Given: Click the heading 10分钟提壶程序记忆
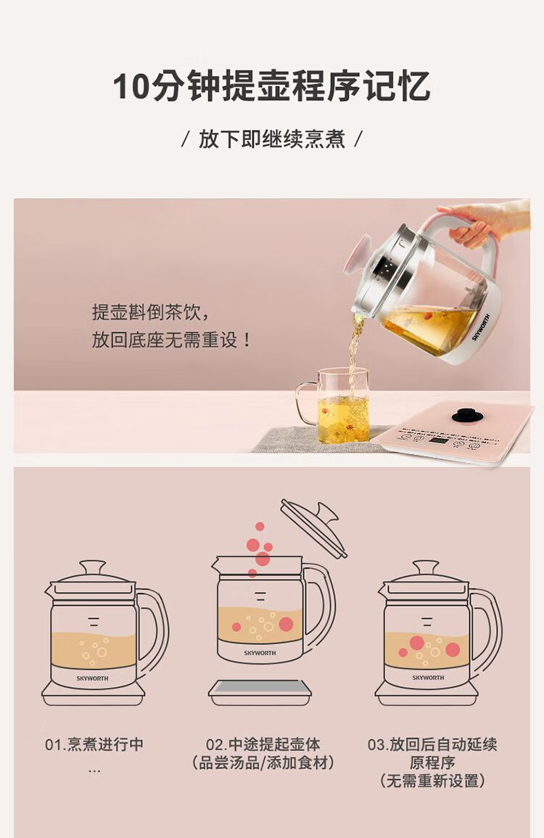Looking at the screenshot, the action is (x=271, y=86).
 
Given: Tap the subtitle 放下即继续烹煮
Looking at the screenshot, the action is (x=271, y=139).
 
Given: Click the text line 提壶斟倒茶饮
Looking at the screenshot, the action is (x=151, y=312).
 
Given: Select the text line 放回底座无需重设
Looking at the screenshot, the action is (x=171, y=340).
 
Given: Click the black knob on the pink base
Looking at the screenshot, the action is (x=467, y=415).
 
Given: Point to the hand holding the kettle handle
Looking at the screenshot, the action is (x=484, y=223).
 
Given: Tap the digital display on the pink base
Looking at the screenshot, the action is (x=439, y=441).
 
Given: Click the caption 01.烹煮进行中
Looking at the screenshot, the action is (x=94, y=744).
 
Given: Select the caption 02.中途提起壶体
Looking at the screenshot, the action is (x=263, y=744).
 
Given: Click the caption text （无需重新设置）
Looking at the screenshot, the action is (x=432, y=781).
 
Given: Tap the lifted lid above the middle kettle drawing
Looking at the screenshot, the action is (x=313, y=528).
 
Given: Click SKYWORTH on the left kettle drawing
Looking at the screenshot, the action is (x=92, y=678).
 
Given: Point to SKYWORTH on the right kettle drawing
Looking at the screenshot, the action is (x=428, y=677).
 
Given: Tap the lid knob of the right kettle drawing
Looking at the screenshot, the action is (x=426, y=566).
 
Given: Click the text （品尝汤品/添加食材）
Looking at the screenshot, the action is (x=263, y=763).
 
